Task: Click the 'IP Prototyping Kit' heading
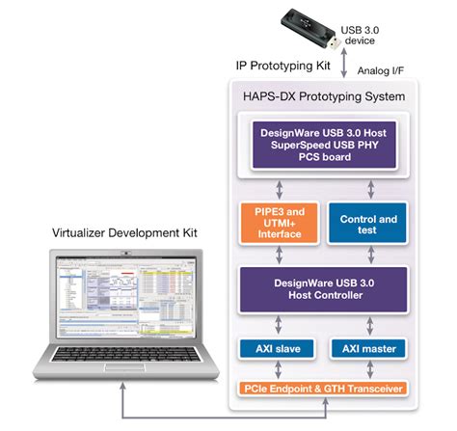coord(282,66)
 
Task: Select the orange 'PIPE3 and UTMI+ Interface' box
coord(278,226)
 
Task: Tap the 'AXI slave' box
coord(278,347)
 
